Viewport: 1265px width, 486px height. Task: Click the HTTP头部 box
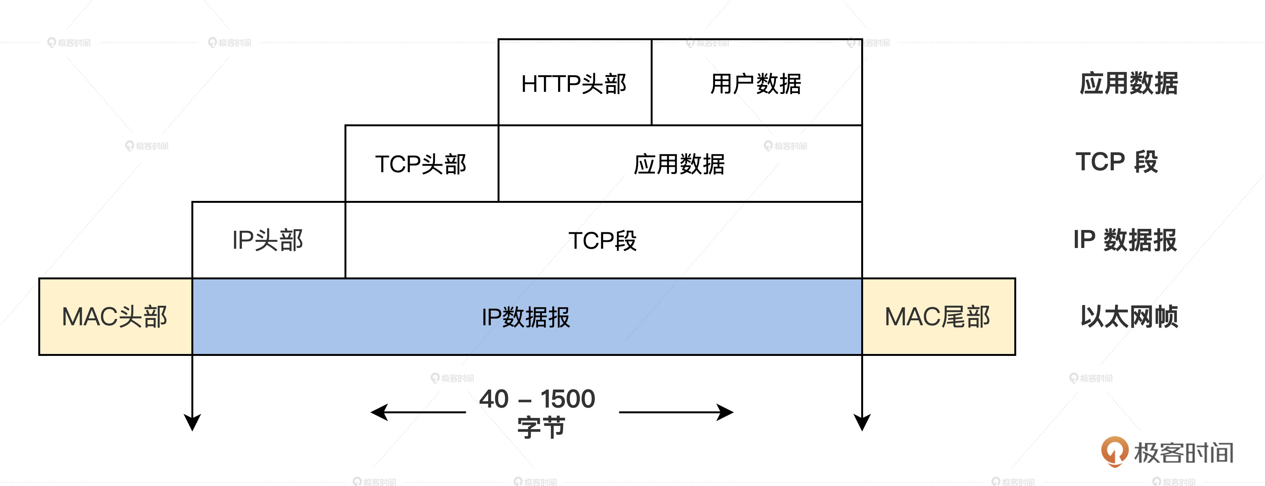575,83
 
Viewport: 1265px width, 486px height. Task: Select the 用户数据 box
756,83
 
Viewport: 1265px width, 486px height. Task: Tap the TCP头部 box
421,163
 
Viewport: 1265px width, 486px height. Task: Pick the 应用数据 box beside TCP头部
680,163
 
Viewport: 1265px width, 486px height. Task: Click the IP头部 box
268,240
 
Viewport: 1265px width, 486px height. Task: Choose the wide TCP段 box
603,240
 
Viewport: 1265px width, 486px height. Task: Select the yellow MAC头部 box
115,316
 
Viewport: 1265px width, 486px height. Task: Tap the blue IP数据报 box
526,316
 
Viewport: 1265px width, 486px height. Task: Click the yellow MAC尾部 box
938,316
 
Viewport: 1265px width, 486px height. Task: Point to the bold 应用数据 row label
1128,83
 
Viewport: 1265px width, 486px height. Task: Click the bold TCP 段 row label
1117,161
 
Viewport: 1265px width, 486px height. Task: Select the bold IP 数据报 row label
1125,240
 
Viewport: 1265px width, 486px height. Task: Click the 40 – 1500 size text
537,399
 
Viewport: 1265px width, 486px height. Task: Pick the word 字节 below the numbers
541,427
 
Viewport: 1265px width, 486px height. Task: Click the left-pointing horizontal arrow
418,413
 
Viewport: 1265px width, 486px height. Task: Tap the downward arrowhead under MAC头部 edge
192,422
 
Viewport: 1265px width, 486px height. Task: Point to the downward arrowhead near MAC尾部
862,422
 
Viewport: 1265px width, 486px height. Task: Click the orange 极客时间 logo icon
1114,451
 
